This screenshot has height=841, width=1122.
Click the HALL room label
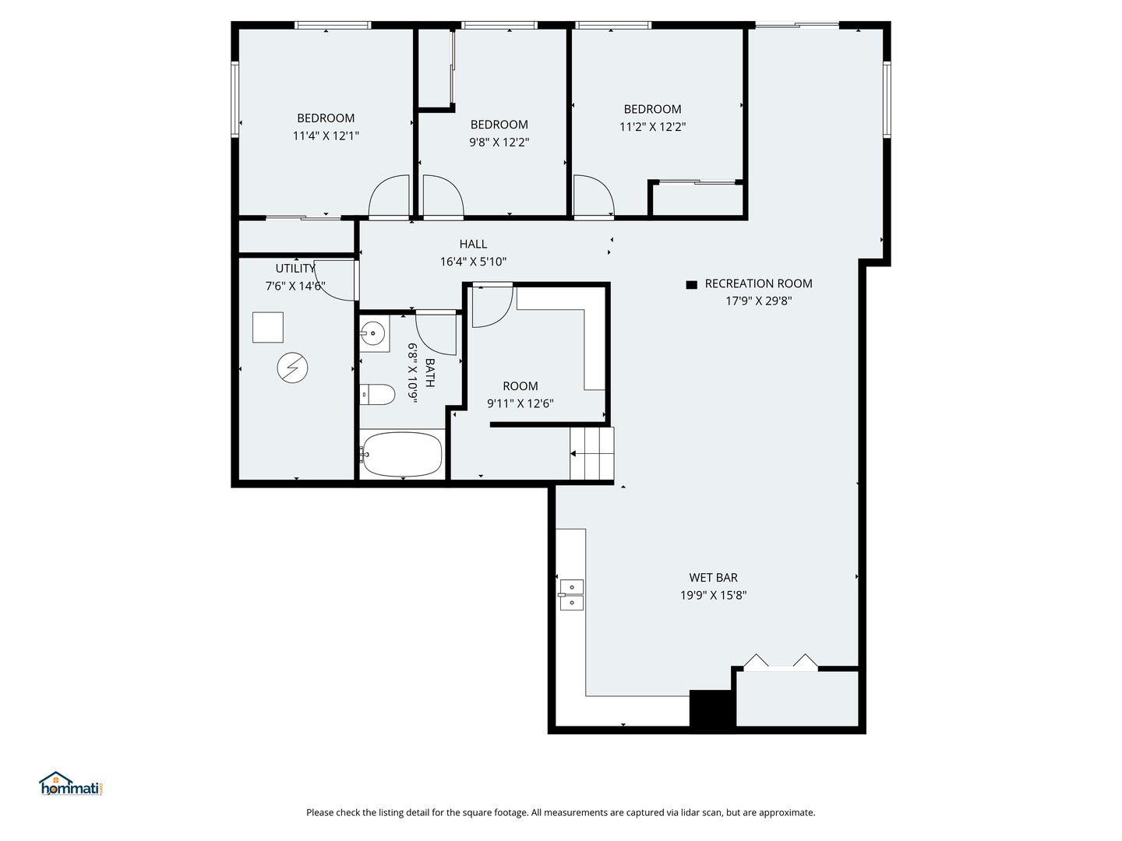tap(473, 245)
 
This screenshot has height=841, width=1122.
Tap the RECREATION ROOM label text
tap(758, 283)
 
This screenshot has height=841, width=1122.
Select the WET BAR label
tap(713, 578)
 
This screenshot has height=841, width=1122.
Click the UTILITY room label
tap(295, 269)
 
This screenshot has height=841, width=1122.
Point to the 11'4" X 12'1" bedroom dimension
tap(326, 135)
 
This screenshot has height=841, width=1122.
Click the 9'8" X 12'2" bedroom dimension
tap(499, 142)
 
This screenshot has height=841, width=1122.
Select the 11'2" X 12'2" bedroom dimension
tap(652, 126)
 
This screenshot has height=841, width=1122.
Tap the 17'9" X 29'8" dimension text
tap(758, 301)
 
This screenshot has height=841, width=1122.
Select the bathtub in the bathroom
tap(402, 454)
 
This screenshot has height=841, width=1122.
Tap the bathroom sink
tap(374, 334)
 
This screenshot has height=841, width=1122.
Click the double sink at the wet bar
tap(571, 595)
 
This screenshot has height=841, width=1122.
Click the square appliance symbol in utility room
tap(268, 327)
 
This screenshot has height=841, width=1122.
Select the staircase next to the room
tap(593, 453)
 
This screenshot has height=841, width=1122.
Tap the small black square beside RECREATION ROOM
tap(691, 285)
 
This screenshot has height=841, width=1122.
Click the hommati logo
tap(71, 785)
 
